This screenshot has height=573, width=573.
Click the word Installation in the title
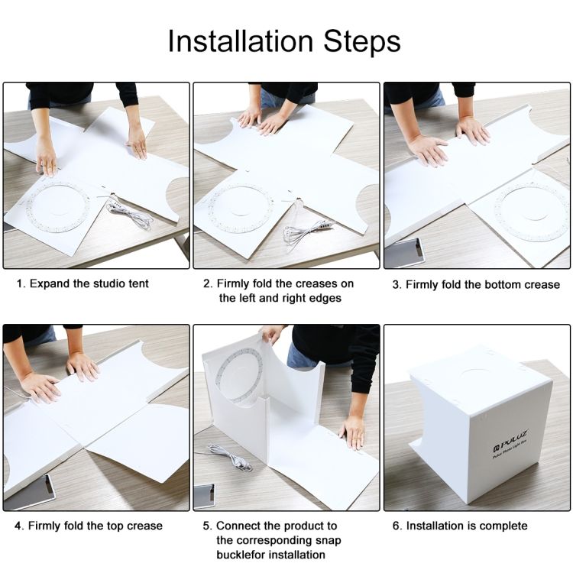241,41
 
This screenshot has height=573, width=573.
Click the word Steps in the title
362,42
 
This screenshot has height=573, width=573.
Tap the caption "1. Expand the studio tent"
83,283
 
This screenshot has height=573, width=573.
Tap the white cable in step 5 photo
229,457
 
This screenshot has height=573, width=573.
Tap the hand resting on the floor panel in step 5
352,432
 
